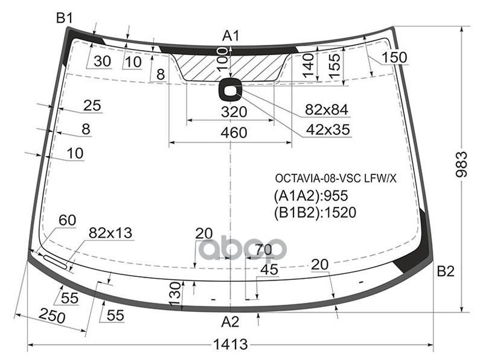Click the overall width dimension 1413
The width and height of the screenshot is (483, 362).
click(231, 344)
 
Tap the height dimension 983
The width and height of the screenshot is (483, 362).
click(461, 164)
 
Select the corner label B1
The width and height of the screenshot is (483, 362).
click(65, 19)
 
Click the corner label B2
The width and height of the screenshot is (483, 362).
click(446, 271)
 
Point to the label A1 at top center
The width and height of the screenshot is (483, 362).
click(231, 36)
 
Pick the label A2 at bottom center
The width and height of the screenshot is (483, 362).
click(230, 322)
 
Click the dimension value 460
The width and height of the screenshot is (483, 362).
click(234, 133)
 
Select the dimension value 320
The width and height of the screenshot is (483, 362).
click(234, 112)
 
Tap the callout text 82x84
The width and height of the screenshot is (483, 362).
click(326, 110)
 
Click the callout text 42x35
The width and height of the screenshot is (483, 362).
click(328, 130)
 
